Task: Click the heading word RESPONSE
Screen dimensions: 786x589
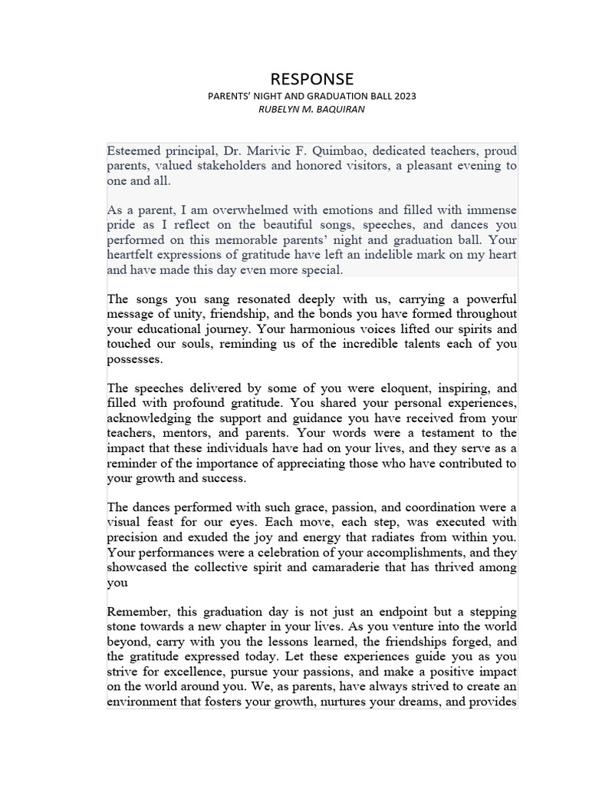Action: pyautogui.click(x=313, y=79)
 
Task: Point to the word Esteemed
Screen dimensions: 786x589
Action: pyautogui.click(x=133, y=151)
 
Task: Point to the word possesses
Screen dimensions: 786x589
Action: pyautogui.click(x=134, y=358)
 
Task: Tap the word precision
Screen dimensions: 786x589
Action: pyautogui.click(x=132, y=537)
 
